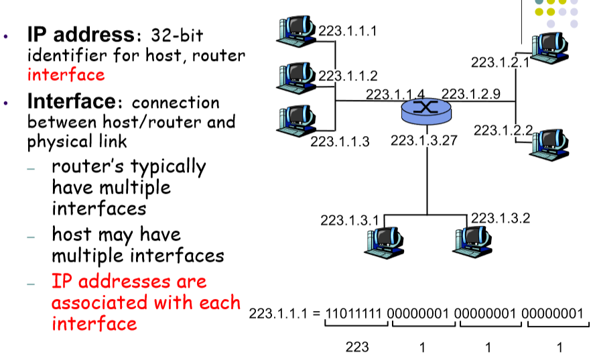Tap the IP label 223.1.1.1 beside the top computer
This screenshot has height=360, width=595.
[x=347, y=30]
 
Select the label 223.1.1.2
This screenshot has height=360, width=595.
[x=347, y=75]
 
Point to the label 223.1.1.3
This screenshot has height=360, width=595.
[x=340, y=141]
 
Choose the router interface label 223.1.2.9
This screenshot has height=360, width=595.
[x=470, y=94]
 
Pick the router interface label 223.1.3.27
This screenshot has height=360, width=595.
[x=419, y=141]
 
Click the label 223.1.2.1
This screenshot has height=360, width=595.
[x=500, y=62]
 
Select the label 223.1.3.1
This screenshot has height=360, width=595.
[x=349, y=220]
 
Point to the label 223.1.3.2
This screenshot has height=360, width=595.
[x=501, y=217]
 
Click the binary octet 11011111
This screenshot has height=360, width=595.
[x=355, y=313]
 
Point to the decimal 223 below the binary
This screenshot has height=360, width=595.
[x=357, y=347]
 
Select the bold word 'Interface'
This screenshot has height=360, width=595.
[x=70, y=102]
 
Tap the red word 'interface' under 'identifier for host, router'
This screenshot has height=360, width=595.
[x=66, y=74]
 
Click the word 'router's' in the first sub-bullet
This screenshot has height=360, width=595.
[x=87, y=166]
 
